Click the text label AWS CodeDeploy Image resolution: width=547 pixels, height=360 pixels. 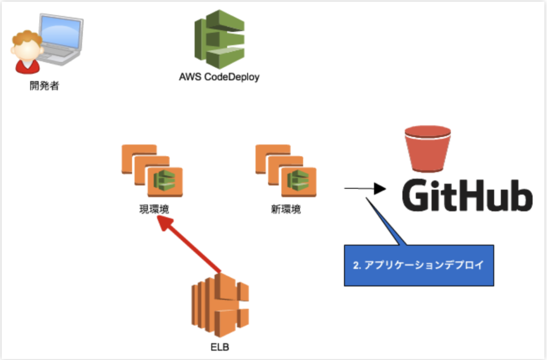tap(219, 77)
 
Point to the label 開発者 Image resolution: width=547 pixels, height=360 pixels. tap(44, 87)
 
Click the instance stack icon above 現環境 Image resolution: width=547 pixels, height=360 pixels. tap(152, 171)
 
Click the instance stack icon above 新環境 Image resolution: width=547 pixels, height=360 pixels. tap(285, 171)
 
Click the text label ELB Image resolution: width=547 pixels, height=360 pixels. tap(219, 346)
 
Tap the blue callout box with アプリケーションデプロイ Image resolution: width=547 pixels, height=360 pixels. tap(419, 265)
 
